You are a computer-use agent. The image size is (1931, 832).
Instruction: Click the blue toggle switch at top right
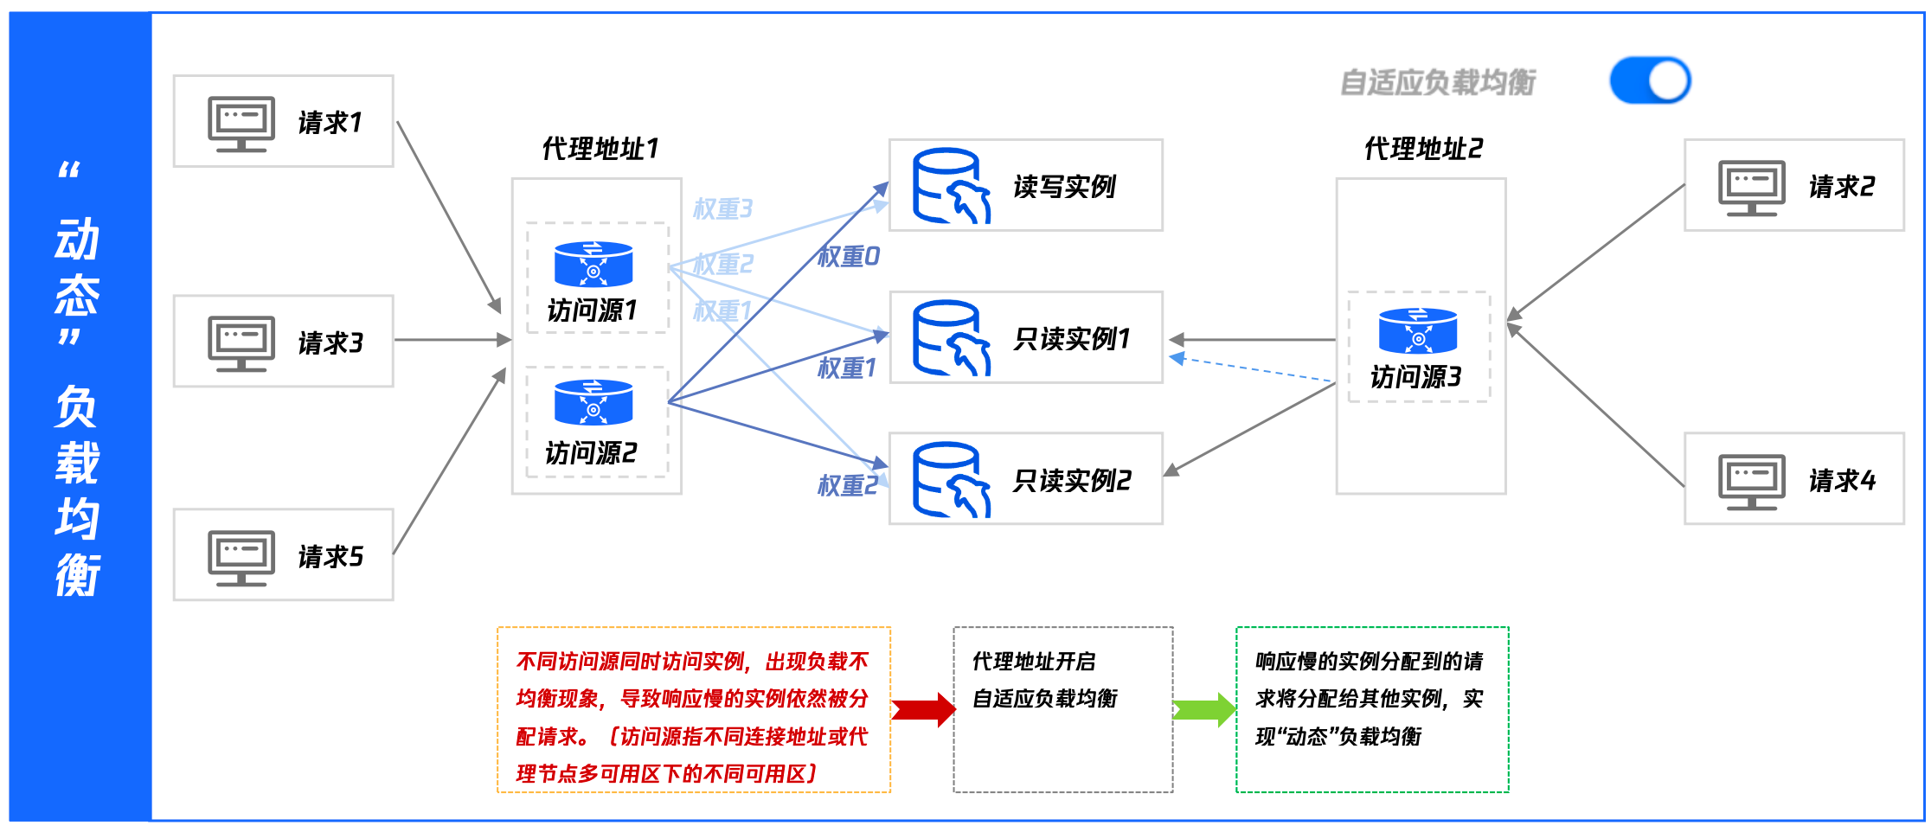(x=1650, y=80)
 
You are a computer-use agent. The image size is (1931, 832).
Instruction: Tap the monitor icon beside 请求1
(x=241, y=123)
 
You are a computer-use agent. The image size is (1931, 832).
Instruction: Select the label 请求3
(x=330, y=343)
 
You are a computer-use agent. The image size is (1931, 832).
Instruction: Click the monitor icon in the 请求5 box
(x=241, y=557)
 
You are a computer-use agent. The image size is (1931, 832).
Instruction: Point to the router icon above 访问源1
(x=593, y=263)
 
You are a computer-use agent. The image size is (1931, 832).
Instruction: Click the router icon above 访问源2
(x=593, y=402)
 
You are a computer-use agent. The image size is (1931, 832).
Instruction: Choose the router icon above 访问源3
(x=1418, y=330)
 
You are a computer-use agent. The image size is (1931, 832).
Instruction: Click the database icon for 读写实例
(x=950, y=186)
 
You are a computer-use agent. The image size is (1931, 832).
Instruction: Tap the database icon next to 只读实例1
(x=950, y=338)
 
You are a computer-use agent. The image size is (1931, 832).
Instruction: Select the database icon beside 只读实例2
(x=950, y=480)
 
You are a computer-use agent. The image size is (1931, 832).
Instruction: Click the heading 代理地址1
(x=600, y=149)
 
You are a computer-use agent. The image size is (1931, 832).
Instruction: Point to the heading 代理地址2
(x=1423, y=149)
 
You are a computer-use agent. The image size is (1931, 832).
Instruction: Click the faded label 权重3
(x=723, y=208)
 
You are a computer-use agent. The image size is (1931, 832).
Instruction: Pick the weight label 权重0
(x=849, y=256)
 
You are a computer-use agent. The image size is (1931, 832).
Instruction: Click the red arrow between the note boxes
(x=923, y=710)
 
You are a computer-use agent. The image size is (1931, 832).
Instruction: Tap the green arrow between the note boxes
(x=1204, y=710)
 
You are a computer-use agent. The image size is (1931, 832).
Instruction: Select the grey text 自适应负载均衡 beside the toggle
(x=1438, y=83)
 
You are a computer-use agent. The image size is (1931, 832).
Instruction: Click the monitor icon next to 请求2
(x=1752, y=188)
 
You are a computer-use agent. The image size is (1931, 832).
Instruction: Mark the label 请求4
(x=1842, y=481)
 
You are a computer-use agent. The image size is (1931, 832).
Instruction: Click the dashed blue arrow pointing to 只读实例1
(x=1254, y=368)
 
